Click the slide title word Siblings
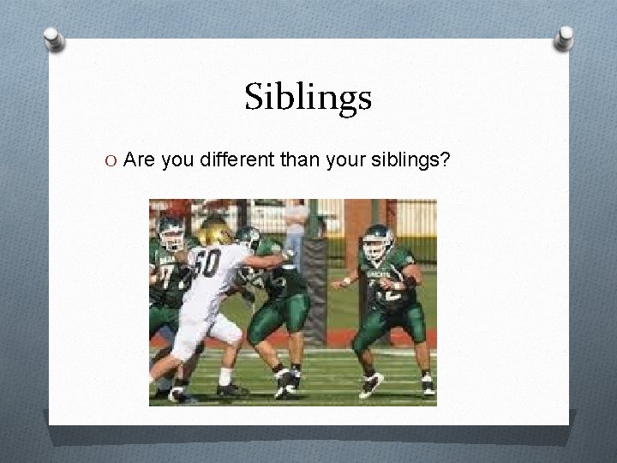click(308, 98)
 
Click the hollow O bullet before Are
click(112, 159)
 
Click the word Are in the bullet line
click(139, 159)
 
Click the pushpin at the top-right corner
click(565, 37)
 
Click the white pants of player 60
click(201, 330)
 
